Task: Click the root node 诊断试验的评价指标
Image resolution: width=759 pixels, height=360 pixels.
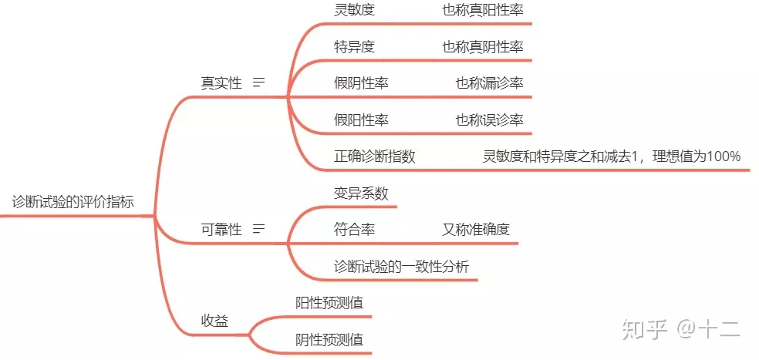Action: pyautogui.click(x=73, y=203)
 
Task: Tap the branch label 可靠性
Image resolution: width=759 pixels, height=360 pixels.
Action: pyautogui.click(x=221, y=229)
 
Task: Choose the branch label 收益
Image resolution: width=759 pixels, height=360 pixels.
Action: pyautogui.click(x=214, y=320)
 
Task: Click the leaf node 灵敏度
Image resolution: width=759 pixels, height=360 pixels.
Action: pyautogui.click(x=354, y=10)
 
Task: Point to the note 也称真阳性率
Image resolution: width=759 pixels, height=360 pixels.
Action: pyautogui.click(x=482, y=10)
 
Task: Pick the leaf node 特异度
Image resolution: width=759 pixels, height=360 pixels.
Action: pyautogui.click(x=354, y=47)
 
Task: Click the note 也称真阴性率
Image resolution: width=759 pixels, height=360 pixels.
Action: pyautogui.click(x=482, y=47)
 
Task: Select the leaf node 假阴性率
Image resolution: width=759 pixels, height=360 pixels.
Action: pyautogui.click(x=361, y=83)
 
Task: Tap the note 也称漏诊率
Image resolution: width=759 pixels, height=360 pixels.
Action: pyautogui.click(x=489, y=83)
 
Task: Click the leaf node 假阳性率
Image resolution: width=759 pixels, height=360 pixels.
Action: pyautogui.click(x=361, y=119)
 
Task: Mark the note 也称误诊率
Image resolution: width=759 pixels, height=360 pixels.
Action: pyautogui.click(x=489, y=119)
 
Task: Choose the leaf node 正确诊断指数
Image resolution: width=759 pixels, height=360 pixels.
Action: pyautogui.click(x=375, y=156)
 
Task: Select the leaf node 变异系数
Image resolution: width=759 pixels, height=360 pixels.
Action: pyautogui.click(x=361, y=193)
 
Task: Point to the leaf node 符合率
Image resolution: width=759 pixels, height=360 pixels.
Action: pyautogui.click(x=354, y=229)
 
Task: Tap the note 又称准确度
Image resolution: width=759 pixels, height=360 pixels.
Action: pyautogui.click(x=476, y=229)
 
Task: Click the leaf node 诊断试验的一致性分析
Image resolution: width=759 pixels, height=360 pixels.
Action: pyautogui.click(x=401, y=266)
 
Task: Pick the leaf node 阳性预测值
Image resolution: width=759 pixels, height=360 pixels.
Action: pyautogui.click(x=329, y=302)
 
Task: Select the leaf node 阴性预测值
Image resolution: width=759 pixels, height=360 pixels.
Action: pyautogui.click(x=329, y=339)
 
